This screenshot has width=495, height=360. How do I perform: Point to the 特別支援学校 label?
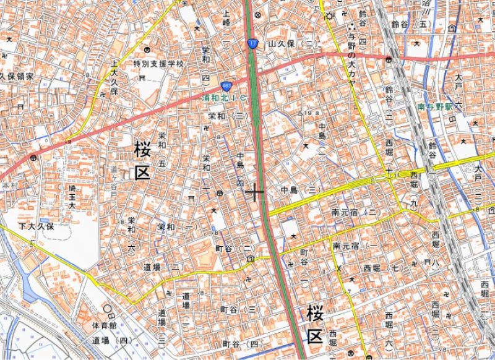pos(158,64)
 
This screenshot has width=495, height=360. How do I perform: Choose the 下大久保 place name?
pos(37,226)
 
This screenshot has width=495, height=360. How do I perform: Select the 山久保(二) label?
pos(293,44)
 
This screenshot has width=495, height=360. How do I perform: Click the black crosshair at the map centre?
pos(254,193)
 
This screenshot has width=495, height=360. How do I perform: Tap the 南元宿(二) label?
pos(355,212)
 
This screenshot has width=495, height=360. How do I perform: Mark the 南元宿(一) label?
pos(355,246)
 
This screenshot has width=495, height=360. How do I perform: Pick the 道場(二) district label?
pos(162,267)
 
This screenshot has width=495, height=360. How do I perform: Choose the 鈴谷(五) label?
pos(410,24)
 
